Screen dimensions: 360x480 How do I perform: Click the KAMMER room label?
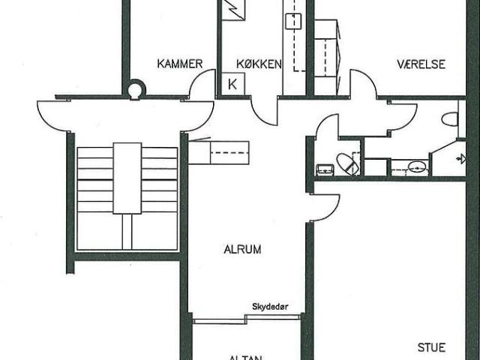tap(180, 64)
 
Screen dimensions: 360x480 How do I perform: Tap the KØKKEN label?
tap(259, 64)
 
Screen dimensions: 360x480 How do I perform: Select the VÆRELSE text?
tap(421, 64)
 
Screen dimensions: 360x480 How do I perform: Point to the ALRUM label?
tap(242, 250)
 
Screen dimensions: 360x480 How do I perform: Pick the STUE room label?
tap(432, 347)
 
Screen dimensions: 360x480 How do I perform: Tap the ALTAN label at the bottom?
tap(245, 357)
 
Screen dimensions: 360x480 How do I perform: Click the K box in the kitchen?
tap(232, 83)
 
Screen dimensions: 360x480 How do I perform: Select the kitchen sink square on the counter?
tap(293, 20)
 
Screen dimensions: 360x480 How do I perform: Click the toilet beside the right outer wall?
tap(450, 118)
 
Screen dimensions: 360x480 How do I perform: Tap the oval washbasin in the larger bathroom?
tap(417, 167)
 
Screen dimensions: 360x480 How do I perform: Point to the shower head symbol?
tap(460, 158)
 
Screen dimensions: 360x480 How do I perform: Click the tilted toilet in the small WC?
tap(347, 163)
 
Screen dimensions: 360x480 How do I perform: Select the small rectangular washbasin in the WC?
tap(325, 169)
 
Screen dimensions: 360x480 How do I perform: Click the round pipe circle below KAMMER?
tap(135, 91)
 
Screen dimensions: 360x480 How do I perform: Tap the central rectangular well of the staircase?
tap(127, 177)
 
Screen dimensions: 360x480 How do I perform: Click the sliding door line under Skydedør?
tap(247, 318)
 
